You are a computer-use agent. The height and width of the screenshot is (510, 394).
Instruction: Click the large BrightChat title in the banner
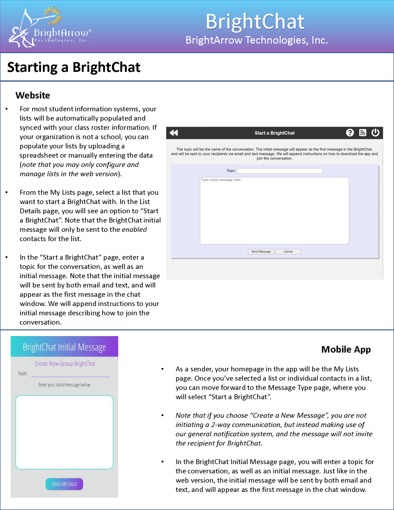tap(255, 22)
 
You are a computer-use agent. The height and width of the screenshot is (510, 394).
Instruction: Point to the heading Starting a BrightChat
tap(74, 67)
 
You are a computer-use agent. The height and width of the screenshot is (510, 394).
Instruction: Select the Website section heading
tap(33, 95)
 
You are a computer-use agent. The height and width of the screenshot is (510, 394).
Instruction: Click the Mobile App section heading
tap(346, 349)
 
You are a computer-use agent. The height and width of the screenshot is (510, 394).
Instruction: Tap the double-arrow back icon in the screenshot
tap(174, 133)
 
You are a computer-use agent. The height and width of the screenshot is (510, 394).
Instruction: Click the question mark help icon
tap(350, 133)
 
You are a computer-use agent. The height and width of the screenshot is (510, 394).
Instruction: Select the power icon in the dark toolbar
tap(375, 133)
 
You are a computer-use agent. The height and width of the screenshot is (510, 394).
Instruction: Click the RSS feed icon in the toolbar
tap(362, 133)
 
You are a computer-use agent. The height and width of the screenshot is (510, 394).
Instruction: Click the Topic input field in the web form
tap(279, 171)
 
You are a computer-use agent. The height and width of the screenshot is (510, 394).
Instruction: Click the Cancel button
tap(288, 252)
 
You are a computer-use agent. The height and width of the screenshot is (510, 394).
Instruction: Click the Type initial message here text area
tap(274, 211)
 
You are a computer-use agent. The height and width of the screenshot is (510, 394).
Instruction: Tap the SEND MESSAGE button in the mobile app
tap(64, 484)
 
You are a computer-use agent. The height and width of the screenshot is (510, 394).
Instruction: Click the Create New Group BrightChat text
tap(65, 364)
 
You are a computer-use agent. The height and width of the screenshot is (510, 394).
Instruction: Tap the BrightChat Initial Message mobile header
tap(64, 347)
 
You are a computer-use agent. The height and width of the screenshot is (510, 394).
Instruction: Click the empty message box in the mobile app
tap(64, 432)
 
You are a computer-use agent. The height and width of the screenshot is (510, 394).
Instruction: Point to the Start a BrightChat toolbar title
tap(274, 133)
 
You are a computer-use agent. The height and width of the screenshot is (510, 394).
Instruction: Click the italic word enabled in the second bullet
tap(134, 230)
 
